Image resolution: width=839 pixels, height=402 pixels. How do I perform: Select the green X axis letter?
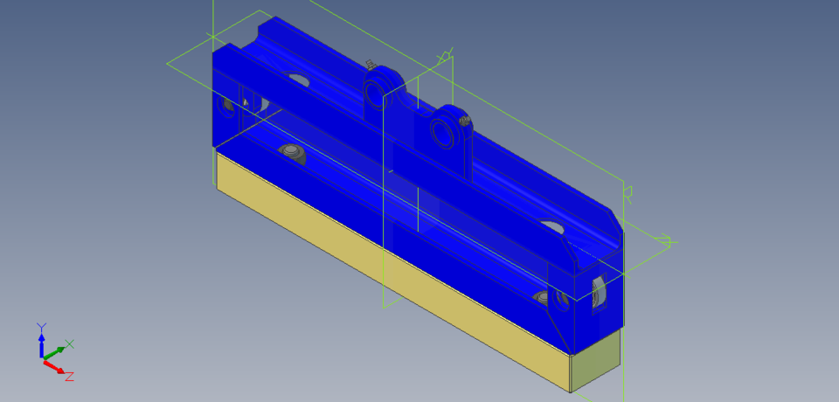pos(70,343)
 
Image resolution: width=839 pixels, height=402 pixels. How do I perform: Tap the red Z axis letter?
pos(69,376)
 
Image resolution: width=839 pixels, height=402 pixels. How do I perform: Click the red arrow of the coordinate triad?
pos(56,367)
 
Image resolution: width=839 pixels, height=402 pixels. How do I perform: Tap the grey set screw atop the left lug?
pos(371,64)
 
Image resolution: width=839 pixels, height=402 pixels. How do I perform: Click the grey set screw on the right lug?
pos(465,121)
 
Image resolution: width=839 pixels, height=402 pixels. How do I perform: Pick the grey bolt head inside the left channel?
pos(291,153)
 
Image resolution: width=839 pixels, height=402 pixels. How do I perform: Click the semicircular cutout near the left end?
pos(297,80)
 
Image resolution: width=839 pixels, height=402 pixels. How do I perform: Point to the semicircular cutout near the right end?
pos(552,226)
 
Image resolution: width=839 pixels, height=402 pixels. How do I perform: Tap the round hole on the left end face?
pos(229,106)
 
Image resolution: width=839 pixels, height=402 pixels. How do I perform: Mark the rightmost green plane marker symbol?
pos(664,240)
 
